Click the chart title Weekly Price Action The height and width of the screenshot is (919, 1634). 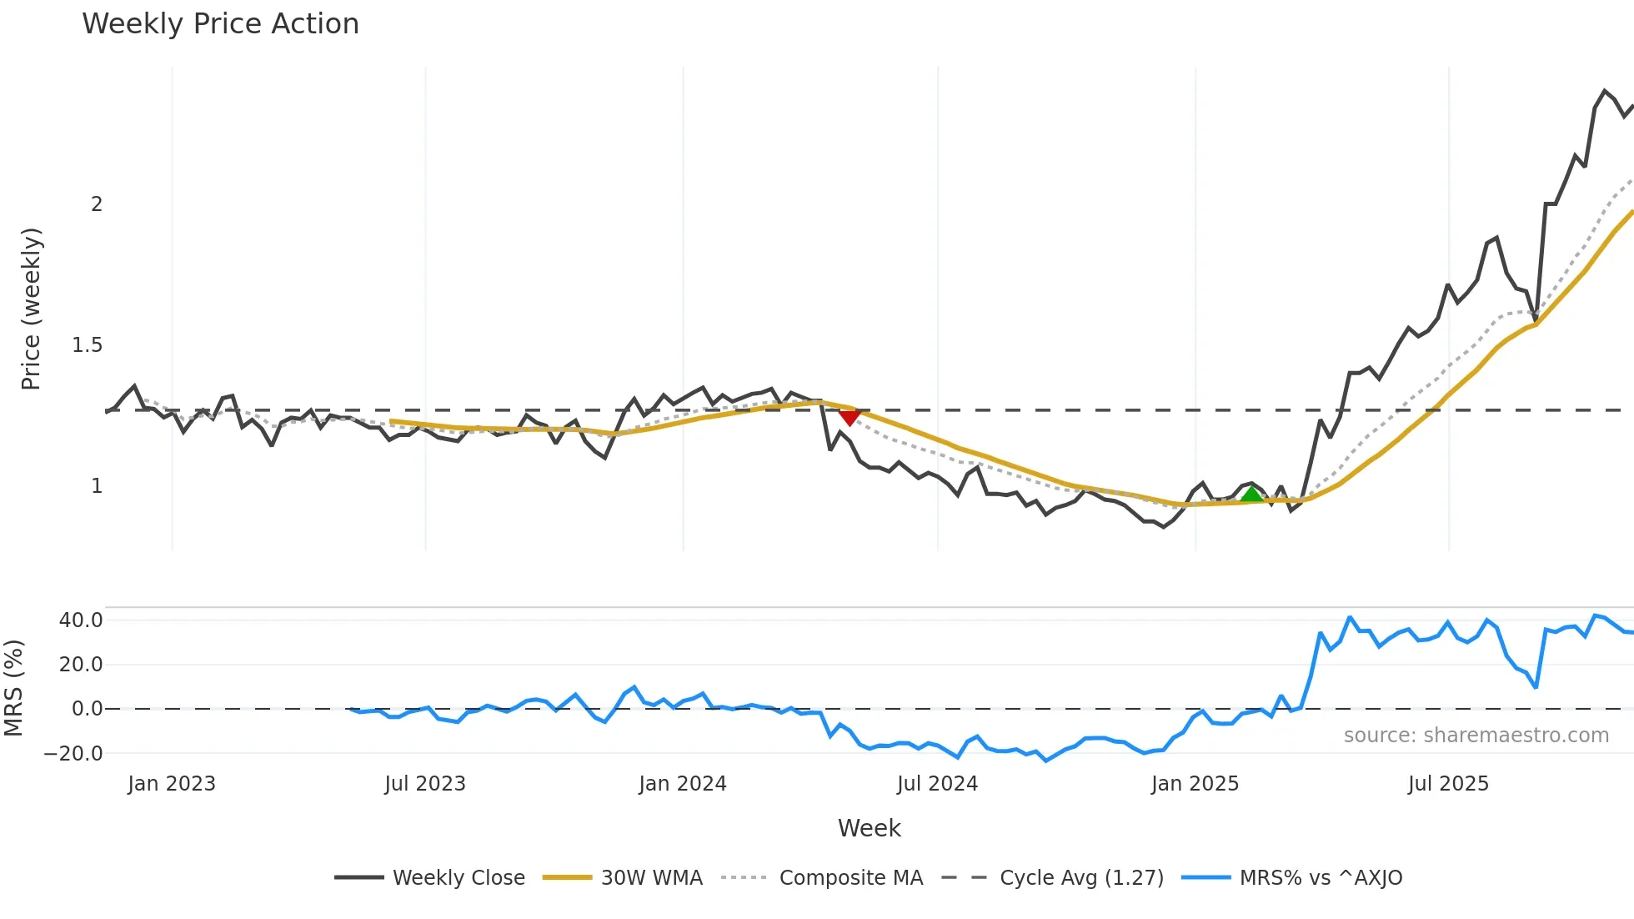click(220, 24)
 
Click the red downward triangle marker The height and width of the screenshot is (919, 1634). click(850, 416)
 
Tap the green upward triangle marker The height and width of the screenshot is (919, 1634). click(1251, 495)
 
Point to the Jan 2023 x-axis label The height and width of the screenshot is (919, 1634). click(172, 784)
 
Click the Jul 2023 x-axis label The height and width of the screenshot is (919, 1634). click(425, 784)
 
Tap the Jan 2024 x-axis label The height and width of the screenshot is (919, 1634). click(683, 784)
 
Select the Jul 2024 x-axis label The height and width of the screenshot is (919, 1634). click(937, 784)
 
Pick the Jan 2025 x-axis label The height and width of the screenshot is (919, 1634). click(1195, 784)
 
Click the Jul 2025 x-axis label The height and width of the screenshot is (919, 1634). click(1448, 784)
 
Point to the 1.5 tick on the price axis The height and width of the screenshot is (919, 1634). click(87, 345)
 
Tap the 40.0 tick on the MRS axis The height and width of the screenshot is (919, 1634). click(81, 620)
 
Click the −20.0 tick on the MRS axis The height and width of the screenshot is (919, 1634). click(73, 754)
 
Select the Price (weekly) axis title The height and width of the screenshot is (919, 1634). click(31, 309)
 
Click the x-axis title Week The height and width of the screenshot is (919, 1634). click(869, 828)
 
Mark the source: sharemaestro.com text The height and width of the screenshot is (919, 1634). click(1476, 736)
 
